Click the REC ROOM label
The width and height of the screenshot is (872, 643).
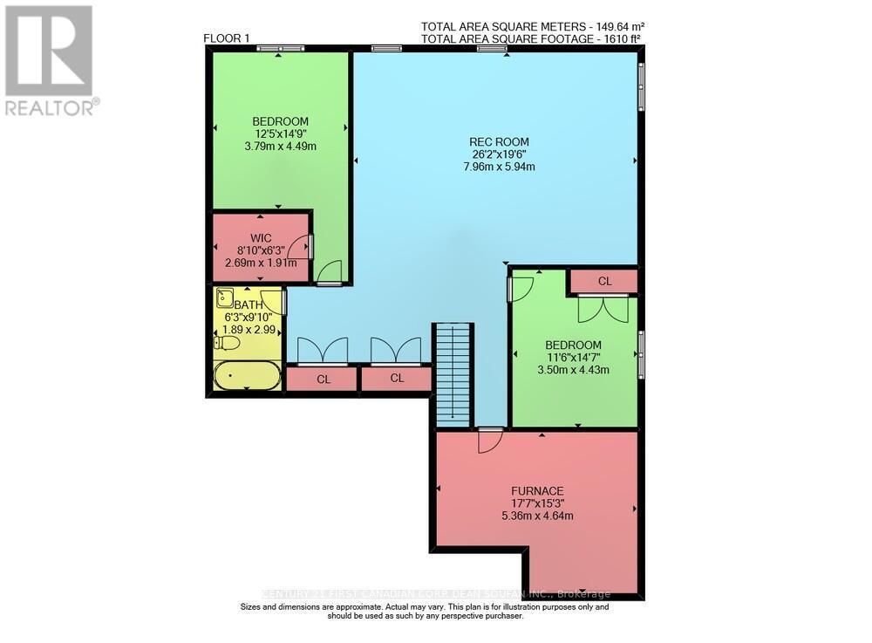point(499,142)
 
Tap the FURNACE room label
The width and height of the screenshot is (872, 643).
point(536,490)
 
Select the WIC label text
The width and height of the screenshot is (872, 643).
point(262,236)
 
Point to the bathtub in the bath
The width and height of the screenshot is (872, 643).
point(248,376)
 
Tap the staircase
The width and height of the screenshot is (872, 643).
point(453,373)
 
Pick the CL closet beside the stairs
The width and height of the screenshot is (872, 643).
point(397,379)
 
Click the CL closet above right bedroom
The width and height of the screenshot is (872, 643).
point(604,281)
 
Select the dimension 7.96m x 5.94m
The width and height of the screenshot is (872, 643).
point(499,167)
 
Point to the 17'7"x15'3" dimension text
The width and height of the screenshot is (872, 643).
point(536,503)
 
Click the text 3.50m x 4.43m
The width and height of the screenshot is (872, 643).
point(573,369)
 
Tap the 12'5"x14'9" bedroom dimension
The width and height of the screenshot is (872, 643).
point(280,133)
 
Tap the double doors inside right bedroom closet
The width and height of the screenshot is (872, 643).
point(603,308)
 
